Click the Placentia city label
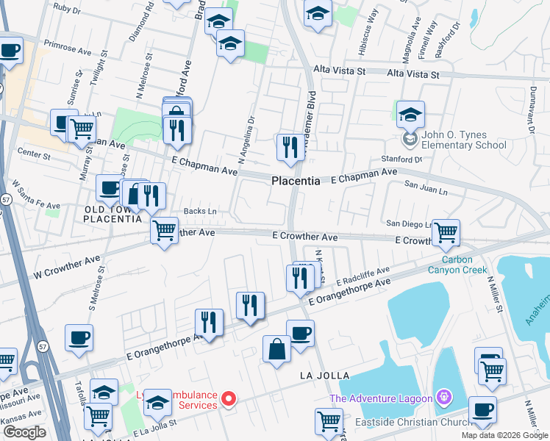pyautogui.click(x=296, y=181)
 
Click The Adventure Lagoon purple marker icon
pyautogui.click(x=443, y=399)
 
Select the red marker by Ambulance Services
pyautogui.click(x=229, y=399)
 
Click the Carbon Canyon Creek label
pyautogui.click(x=464, y=265)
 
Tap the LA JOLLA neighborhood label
pyautogui.click(x=323, y=376)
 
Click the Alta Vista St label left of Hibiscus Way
pyautogui.click(x=339, y=71)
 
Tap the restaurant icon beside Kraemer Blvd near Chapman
pyautogui.click(x=290, y=146)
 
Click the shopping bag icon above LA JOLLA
pyautogui.click(x=276, y=348)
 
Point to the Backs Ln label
pyautogui.click(x=200, y=211)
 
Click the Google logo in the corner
pyautogui.click(x=24, y=432)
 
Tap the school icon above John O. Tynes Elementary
pyautogui.click(x=410, y=114)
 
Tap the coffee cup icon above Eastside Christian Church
pyautogui.click(x=482, y=409)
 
